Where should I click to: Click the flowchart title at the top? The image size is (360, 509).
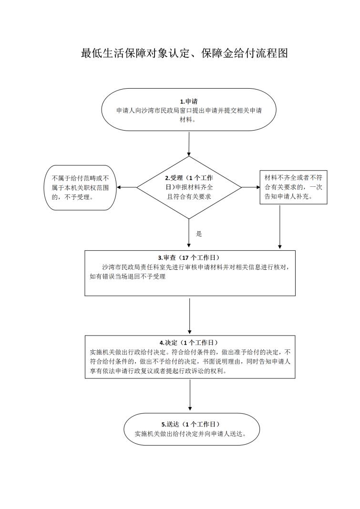pos(184,53)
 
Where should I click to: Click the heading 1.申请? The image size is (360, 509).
pos(189,102)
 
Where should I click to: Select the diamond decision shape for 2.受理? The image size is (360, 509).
pos(189,187)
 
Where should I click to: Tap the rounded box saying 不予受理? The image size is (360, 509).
pos(80,188)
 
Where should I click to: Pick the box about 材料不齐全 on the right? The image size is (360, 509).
pos(293,187)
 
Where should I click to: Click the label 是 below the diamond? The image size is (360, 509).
pos(199,234)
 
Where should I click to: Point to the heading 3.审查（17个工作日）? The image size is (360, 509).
pos(189,258)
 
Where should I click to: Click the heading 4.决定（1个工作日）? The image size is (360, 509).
pos(189,343)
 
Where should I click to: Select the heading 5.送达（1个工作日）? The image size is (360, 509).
pos(191,424)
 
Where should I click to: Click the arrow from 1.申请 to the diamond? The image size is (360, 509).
pos(189,143)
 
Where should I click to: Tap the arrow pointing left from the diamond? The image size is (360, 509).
pos(127,187)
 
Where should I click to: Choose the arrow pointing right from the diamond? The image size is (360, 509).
pos(251,187)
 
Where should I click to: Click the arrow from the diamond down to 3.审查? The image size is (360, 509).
pos(189,233)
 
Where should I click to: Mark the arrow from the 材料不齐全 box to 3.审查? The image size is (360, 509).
pos(280,226)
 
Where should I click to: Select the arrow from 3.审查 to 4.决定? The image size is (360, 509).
pos(189,316)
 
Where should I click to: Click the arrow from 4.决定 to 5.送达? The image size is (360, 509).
pos(190,395)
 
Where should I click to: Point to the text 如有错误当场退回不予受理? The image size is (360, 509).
pos(128,276)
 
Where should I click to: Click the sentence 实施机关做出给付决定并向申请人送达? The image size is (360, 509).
pos(191,434)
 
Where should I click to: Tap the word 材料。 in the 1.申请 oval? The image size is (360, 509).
pos(188,120)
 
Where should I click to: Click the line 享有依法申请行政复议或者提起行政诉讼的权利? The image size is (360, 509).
pos(158,371)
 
